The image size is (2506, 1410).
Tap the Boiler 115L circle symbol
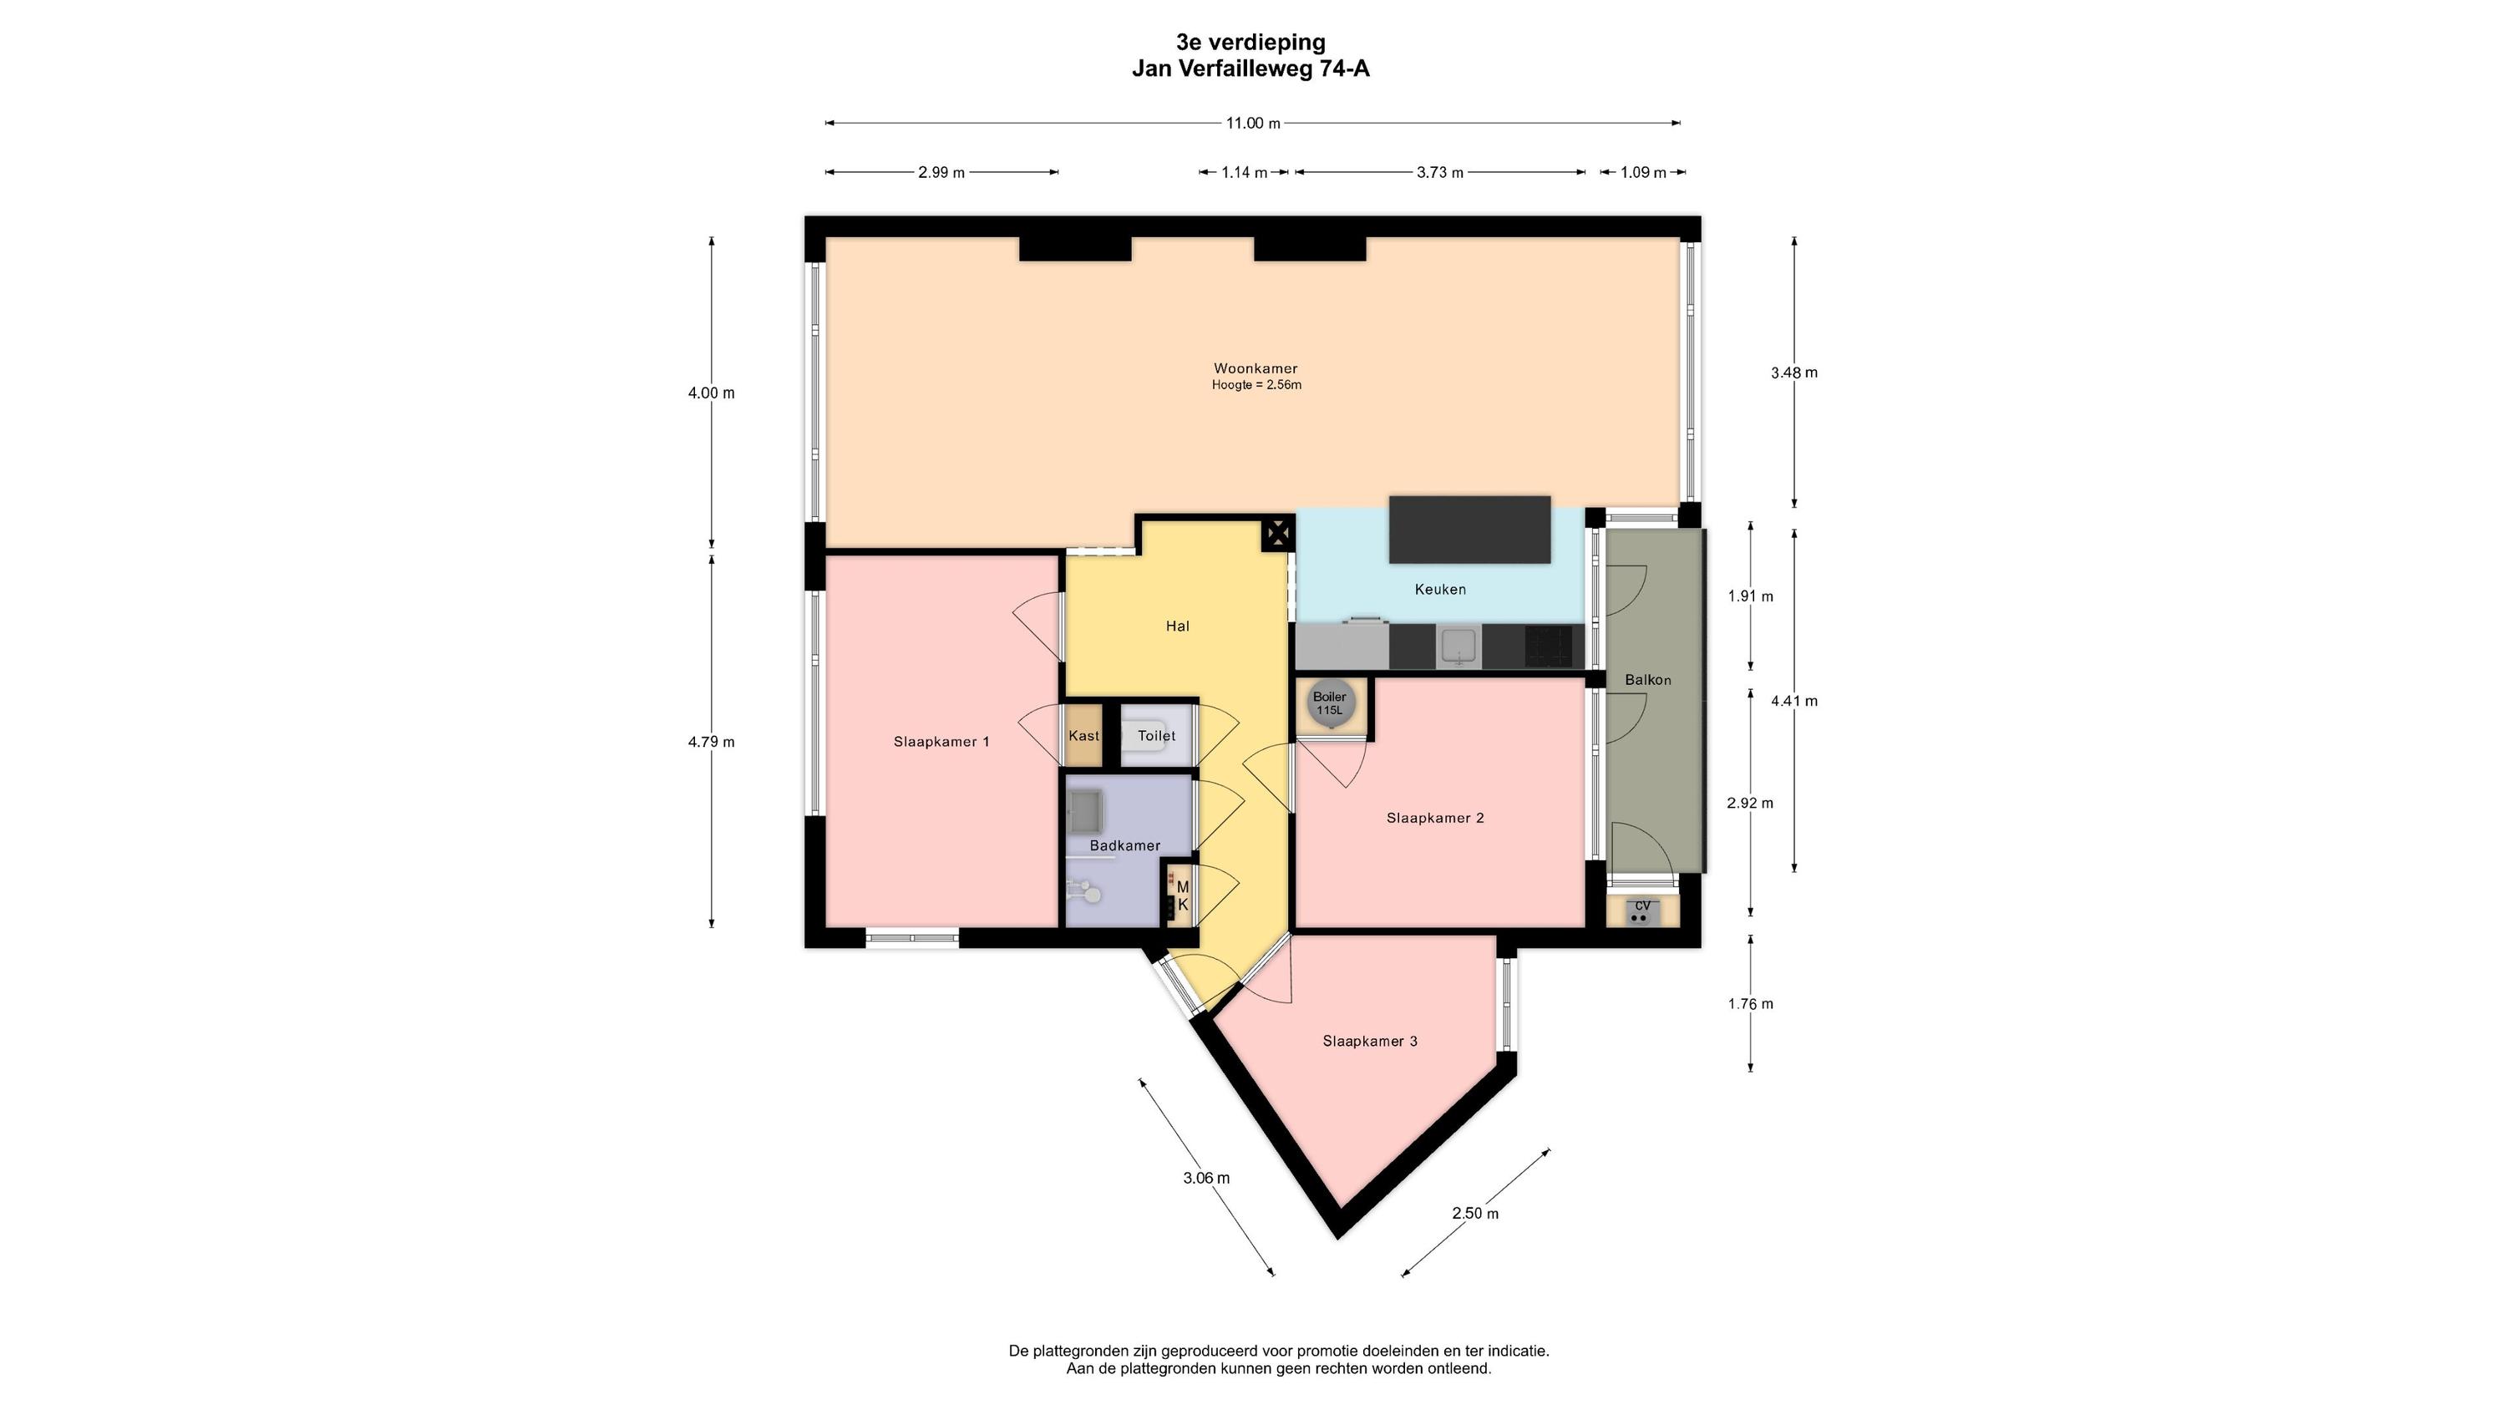point(1329,702)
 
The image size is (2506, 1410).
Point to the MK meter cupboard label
point(1183,896)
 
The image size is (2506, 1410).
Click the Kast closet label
point(1083,736)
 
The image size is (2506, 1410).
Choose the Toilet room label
point(1157,736)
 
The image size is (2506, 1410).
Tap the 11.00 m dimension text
point(1253,123)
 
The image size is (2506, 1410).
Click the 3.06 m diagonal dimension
point(1206,1178)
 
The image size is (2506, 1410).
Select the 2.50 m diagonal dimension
point(1475,1214)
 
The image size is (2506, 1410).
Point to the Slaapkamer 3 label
point(1370,1041)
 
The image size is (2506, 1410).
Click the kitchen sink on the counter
point(1458,647)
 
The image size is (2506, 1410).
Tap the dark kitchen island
point(1469,530)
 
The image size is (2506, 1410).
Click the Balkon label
point(1648,680)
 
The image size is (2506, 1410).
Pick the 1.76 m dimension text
point(1750,1004)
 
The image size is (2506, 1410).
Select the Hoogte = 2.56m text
point(1256,385)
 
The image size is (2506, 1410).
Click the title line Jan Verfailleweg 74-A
point(1250,68)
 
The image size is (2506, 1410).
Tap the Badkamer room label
point(1124,845)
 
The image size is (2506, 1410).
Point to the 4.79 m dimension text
point(711,742)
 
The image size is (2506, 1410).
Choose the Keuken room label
point(1440,590)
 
